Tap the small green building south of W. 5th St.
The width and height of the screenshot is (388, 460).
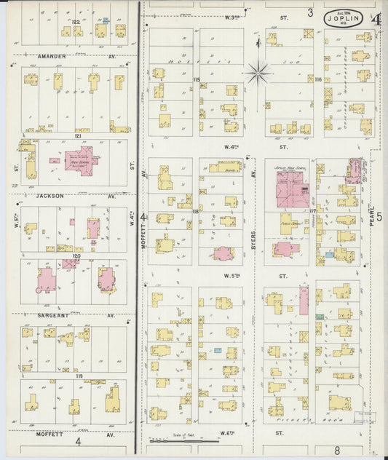[x=320, y=315]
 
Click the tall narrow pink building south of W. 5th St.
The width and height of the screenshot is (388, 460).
[x=304, y=301]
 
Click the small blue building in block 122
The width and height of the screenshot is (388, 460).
[x=106, y=20]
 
